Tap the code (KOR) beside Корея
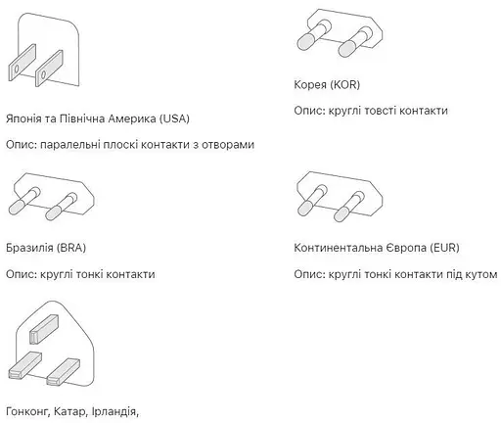[346, 85]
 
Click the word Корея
[311, 85]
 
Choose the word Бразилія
[28, 248]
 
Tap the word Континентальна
[336, 248]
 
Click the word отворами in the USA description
[227, 144]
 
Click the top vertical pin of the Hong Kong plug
[46, 327]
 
